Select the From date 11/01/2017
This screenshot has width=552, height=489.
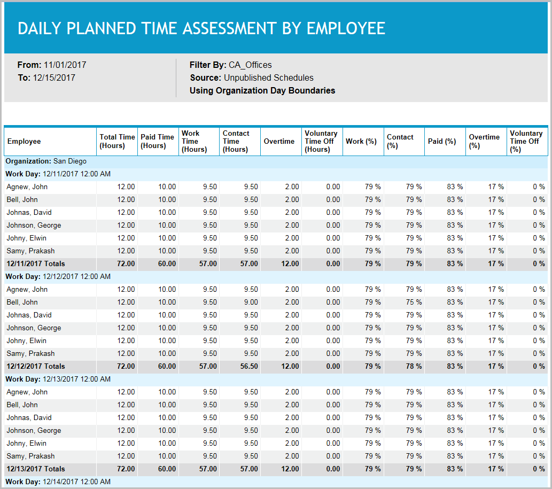click(x=65, y=65)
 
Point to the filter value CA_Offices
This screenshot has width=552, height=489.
click(x=250, y=65)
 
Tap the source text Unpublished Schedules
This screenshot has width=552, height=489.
click(x=268, y=77)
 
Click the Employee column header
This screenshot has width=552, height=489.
click(x=24, y=142)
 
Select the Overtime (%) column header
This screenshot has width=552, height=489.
click(x=484, y=141)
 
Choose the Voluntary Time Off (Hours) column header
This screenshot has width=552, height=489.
click(x=321, y=141)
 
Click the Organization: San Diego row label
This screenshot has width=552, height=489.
click(x=46, y=161)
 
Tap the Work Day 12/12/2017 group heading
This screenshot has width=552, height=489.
click(x=58, y=276)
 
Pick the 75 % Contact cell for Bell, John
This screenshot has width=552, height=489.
click(x=414, y=302)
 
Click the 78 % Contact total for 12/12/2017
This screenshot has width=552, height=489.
click(x=414, y=366)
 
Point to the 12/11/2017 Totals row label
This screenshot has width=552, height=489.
click(x=35, y=263)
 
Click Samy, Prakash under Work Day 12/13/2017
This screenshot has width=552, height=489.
click(x=30, y=456)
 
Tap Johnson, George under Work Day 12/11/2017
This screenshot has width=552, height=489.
click(x=34, y=225)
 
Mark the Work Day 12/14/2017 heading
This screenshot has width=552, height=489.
click(x=58, y=482)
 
